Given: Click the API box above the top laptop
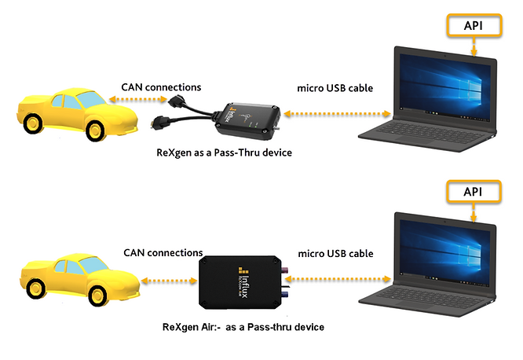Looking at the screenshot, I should pyautogui.click(x=474, y=25).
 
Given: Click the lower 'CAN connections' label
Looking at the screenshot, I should pyautogui.click(x=163, y=253).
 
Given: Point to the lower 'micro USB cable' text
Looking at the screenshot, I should pyautogui.click(x=338, y=253).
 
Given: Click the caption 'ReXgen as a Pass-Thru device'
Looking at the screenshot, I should pyautogui.click(x=224, y=152).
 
